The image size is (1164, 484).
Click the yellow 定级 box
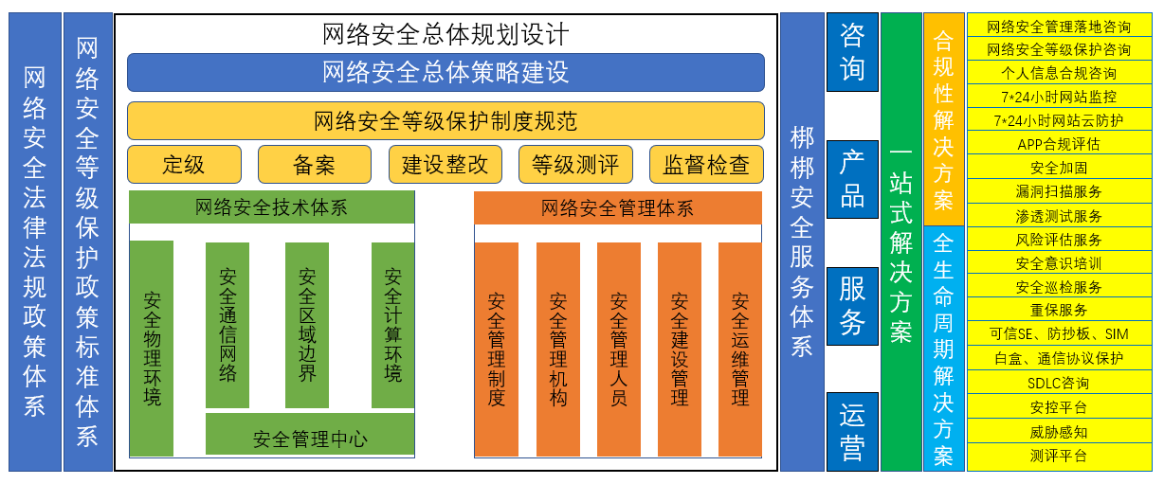point(184,165)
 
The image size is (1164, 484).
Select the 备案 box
point(314,165)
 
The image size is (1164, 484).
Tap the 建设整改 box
point(445,165)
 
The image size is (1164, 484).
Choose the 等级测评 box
point(575,165)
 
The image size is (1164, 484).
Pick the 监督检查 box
point(706,165)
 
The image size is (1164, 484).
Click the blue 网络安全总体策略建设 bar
point(446,72)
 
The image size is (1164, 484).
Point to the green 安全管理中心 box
point(310,439)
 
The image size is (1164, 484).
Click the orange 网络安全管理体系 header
point(617,207)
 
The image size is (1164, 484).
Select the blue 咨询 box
point(852,52)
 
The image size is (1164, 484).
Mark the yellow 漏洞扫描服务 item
point(1058,191)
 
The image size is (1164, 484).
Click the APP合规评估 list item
point(1058,144)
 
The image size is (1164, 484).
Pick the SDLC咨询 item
point(1058,384)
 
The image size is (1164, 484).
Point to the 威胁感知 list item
point(1058,432)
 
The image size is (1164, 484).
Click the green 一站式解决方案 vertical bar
point(900,242)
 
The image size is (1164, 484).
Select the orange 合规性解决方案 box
point(943,119)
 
